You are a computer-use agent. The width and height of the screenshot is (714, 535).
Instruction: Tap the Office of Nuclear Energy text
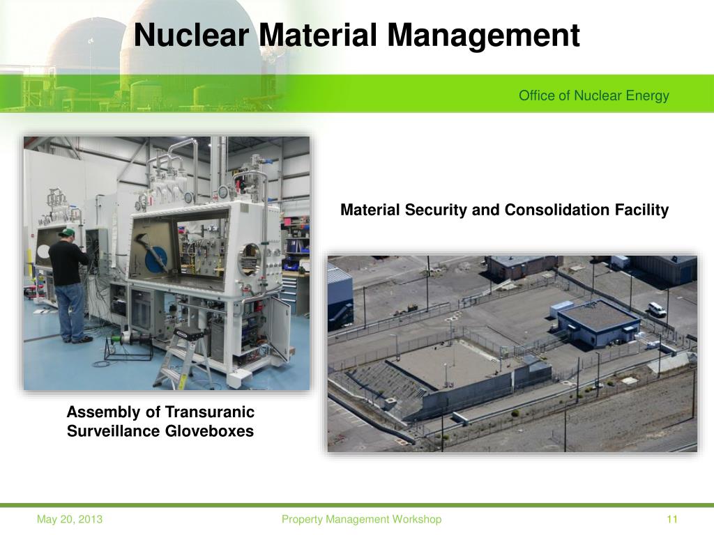tap(593, 96)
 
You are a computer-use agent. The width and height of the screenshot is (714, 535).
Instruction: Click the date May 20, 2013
tap(70, 519)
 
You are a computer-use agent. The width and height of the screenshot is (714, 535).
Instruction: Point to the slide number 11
tap(672, 519)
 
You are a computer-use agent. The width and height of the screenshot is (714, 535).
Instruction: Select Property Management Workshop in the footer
tap(361, 519)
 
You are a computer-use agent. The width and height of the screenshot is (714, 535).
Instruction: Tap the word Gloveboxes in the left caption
tap(211, 431)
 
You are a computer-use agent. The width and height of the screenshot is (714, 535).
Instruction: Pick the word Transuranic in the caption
tap(215, 412)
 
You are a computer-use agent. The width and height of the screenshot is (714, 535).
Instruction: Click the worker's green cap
tap(68, 231)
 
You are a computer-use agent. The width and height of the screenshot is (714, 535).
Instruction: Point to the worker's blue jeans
tap(70, 310)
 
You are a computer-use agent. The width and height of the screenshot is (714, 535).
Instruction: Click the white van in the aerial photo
tap(657, 309)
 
